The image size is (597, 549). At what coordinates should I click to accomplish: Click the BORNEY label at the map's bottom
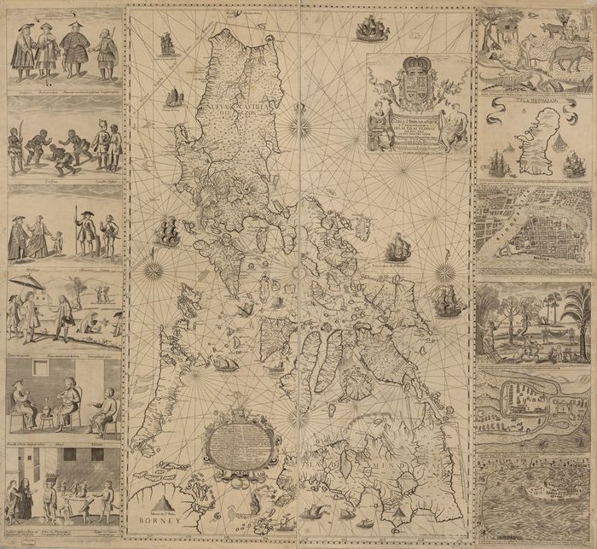click(156, 518)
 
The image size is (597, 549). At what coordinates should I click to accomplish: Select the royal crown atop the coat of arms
click(413, 67)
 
